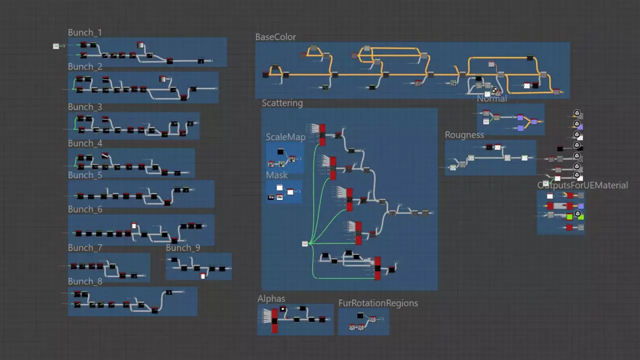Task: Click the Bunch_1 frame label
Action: point(85,33)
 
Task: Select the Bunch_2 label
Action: point(85,67)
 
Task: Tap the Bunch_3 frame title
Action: point(85,107)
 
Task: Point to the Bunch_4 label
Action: point(85,143)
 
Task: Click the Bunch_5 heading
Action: point(85,175)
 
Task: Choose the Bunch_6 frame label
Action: point(85,210)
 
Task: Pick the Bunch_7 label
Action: point(85,248)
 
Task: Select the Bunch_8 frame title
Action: point(85,282)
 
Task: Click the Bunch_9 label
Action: point(183,248)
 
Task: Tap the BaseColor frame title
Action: point(276,37)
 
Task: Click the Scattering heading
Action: point(282,103)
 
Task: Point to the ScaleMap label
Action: point(286,138)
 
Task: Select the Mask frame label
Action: point(277,175)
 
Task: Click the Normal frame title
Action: point(492,99)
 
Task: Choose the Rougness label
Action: point(465,135)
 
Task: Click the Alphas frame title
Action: point(271,299)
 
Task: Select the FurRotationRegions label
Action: point(378,303)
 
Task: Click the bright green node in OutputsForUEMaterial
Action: point(570,215)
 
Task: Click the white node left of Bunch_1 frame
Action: point(56,46)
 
